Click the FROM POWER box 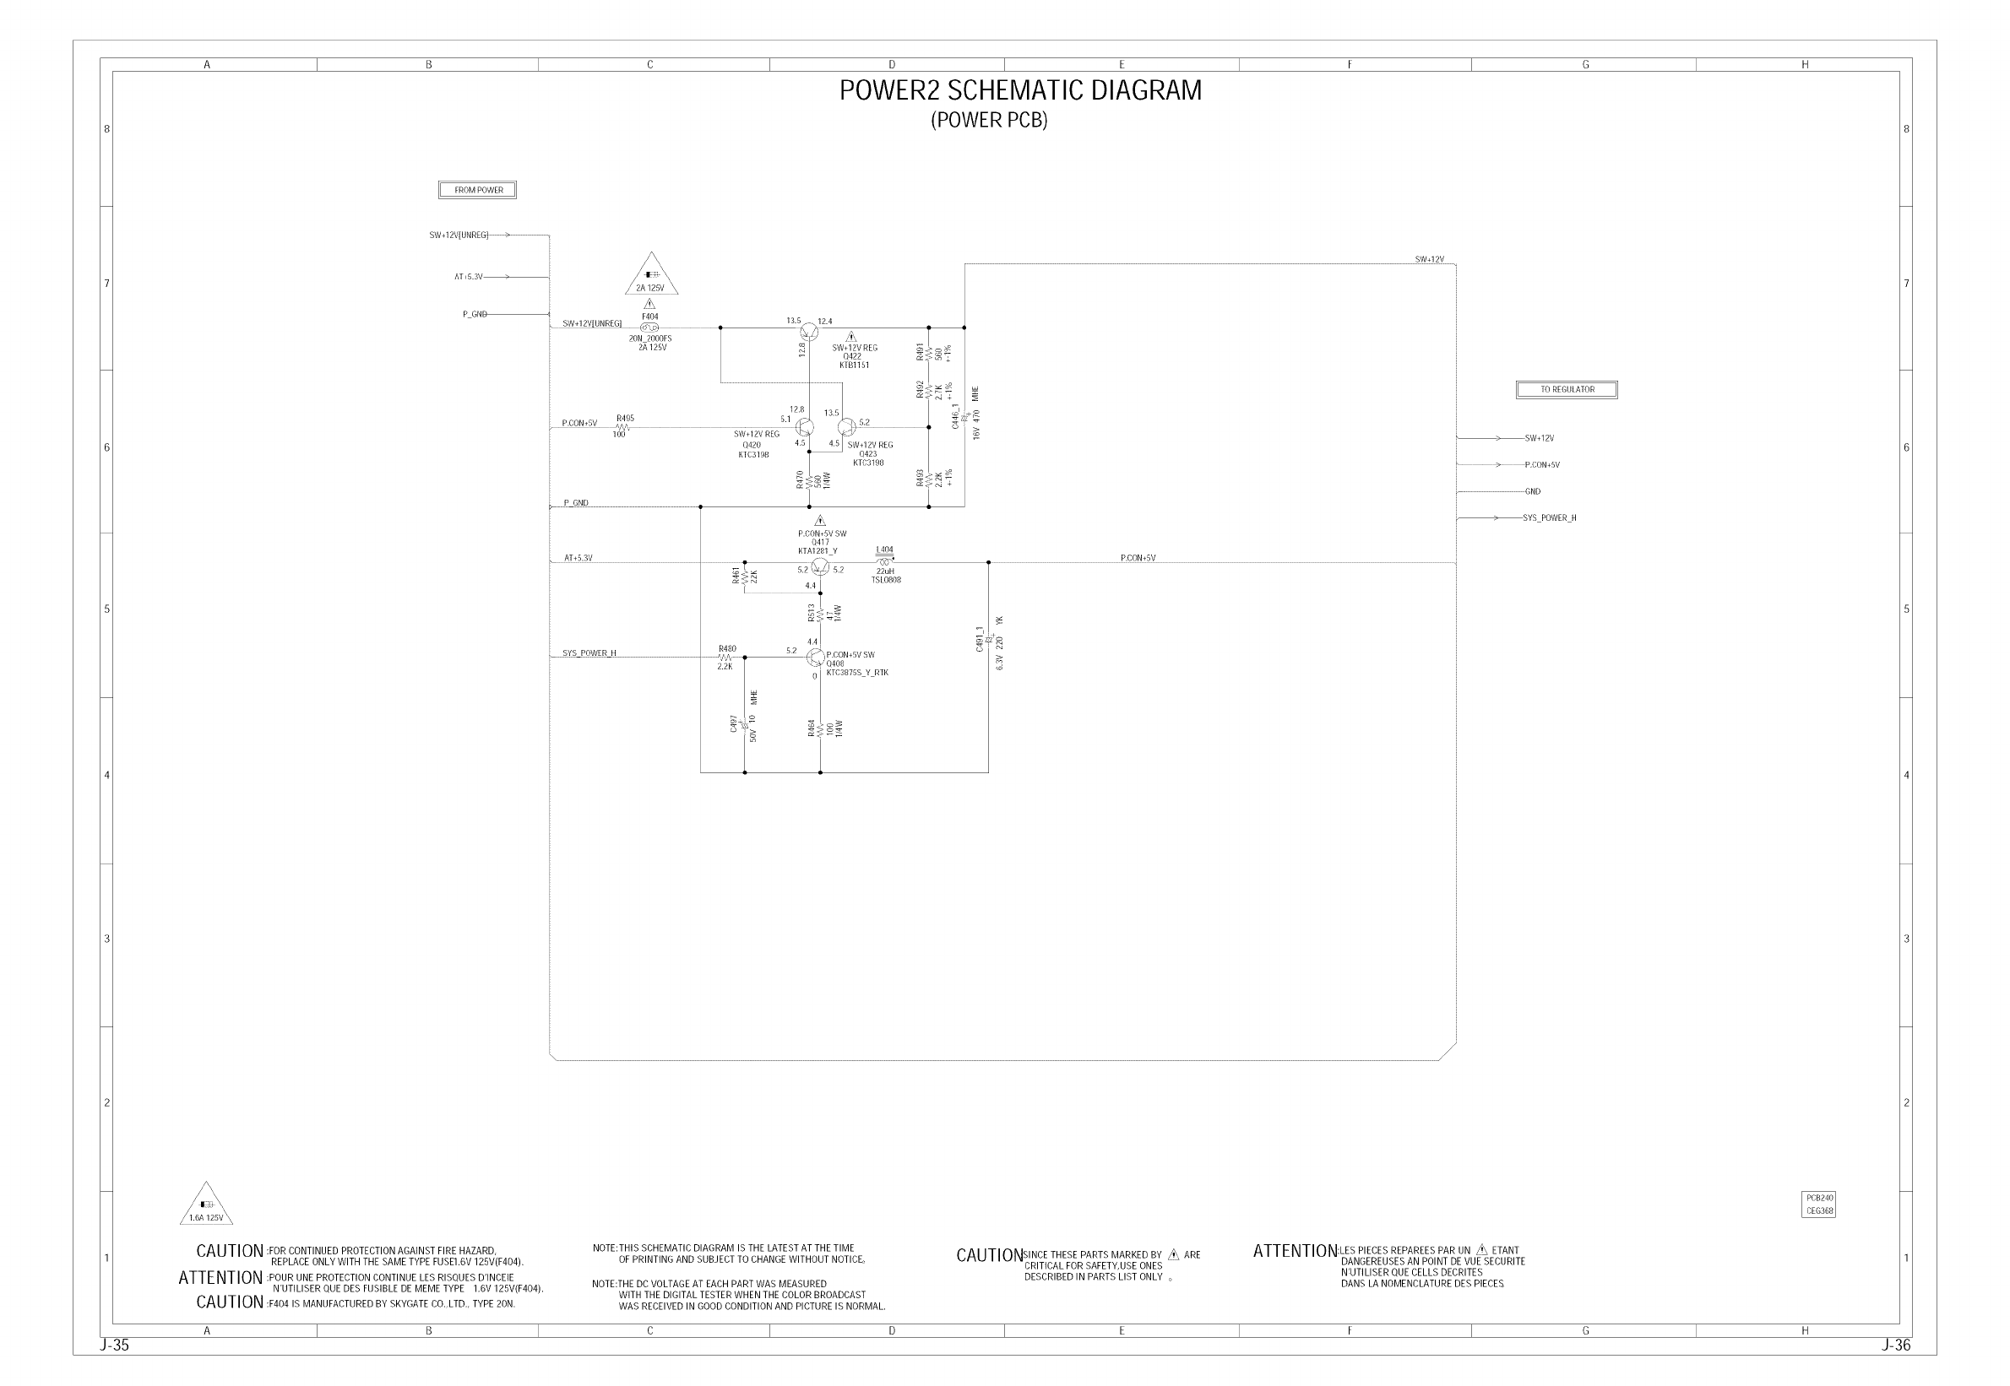pyautogui.click(x=477, y=190)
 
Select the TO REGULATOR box pyautogui.click(x=1566, y=390)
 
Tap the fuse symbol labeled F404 pyautogui.click(x=649, y=328)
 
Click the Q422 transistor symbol pyautogui.click(x=809, y=330)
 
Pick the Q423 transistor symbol pyautogui.click(x=846, y=427)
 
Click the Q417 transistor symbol pyautogui.click(x=820, y=566)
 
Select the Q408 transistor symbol pyautogui.click(x=816, y=658)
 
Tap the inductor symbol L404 pyautogui.click(x=884, y=562)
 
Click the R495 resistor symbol pyautogui.click(x=622, y=427)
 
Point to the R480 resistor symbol pyautogui.click(x=725, y=658)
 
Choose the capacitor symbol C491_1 pyautogui.click(x=988, y=639)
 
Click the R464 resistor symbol pyautogui.click(x=820, y=729)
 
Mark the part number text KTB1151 pyautogui.click(x=854, y=365)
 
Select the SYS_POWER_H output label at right pyautogui.click(x=1549, y=518)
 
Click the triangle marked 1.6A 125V pyautogui.click(x=206, y=1205)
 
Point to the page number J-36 pyautogui.click(x=1896, y=1345)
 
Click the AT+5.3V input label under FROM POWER pyautogui.click(x=468, y=277)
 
